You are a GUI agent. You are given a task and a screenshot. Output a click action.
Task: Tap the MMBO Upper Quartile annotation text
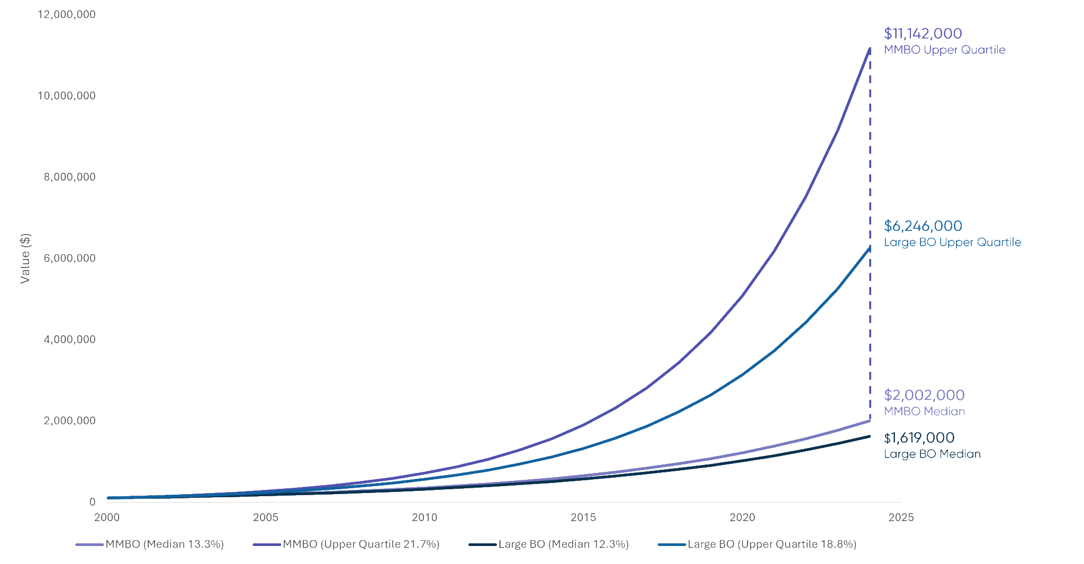pyautogui.click(x=944, y=50)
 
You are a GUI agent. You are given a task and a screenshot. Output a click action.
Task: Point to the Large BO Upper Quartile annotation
pyautogui.click(x=952, y=243)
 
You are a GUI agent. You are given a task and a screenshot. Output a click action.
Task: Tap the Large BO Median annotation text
pyautogui.click(x=932, y=454)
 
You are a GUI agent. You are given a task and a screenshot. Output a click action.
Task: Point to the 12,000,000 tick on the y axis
pyautogui.click(x=67, y=15)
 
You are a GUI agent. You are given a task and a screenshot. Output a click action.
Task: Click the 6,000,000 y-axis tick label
pyautogui.click(x=70, y=258)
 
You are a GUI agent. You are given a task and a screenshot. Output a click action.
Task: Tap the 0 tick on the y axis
pyautogui.click(x=93, y=502)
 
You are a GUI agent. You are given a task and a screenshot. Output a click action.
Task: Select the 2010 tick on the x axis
pyautogui.click(x=424, y=517)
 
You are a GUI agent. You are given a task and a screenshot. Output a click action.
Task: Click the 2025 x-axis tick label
pyautogui.click(x=901, y=517)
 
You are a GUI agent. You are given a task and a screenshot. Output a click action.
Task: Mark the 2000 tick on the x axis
pyautogui.click(x=107, y=517)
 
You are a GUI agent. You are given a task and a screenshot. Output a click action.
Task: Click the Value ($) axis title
pyautogui.click(x=25, y=258)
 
